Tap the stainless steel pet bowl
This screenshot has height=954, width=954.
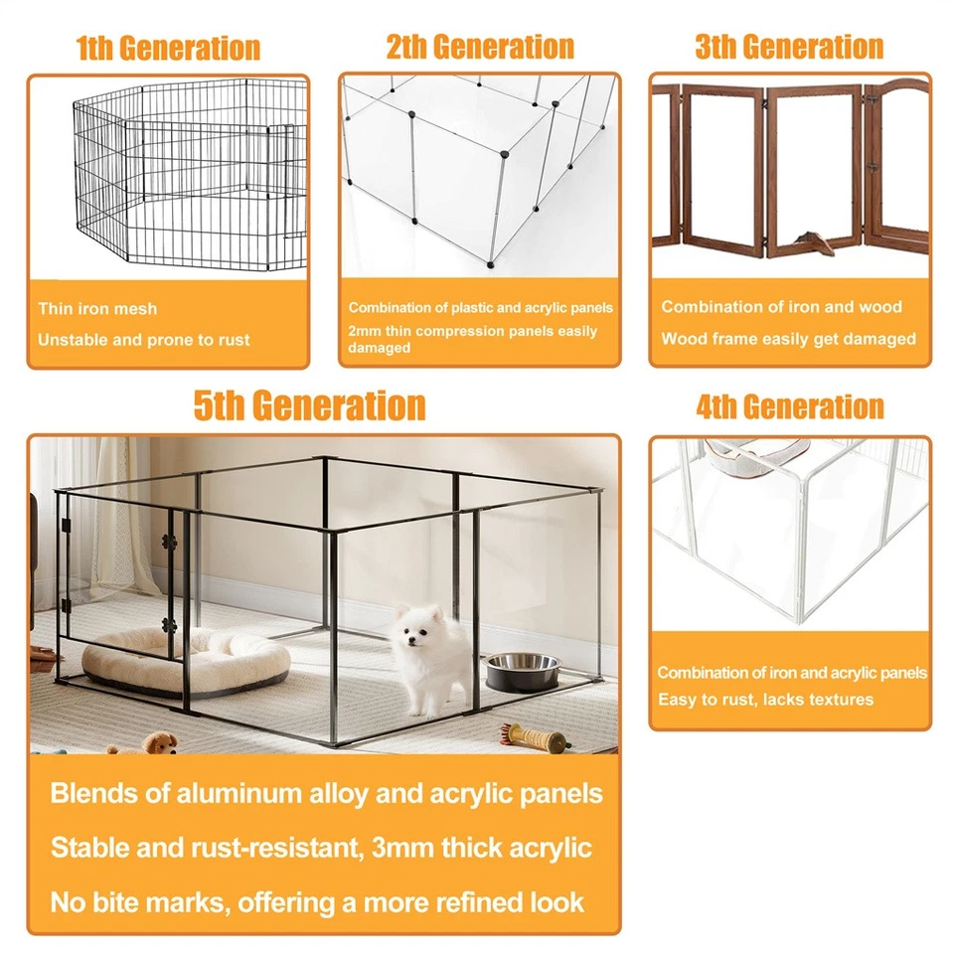pyautogui.click(x=522, y=671)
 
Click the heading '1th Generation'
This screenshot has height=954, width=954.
pyautogui.click(x=169, y=48)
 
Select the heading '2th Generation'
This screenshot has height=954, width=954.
pyautogui.click(x=480, y=47)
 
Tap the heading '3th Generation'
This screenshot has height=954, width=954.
pyautogui.click(x=789, y=47)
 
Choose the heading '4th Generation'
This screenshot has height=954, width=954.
pyautogui.click(x=790, y=407)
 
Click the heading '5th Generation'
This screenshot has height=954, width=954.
pyautogui.click(x=310, y=405)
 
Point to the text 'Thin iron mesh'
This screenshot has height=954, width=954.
pyautogui.click(x=97, y=308)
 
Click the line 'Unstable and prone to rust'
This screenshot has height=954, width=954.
pyautogui.click(x=143, y=340)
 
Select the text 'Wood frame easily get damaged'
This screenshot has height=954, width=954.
pyautogui.click(x=788, y=339)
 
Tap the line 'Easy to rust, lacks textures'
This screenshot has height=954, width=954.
pyautogui.click(x=765, y=700)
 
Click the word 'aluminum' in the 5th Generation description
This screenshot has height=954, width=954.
pyautogui.click(x=238, y=793)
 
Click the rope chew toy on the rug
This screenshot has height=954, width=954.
pyautogui.click(x=535, y=736)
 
